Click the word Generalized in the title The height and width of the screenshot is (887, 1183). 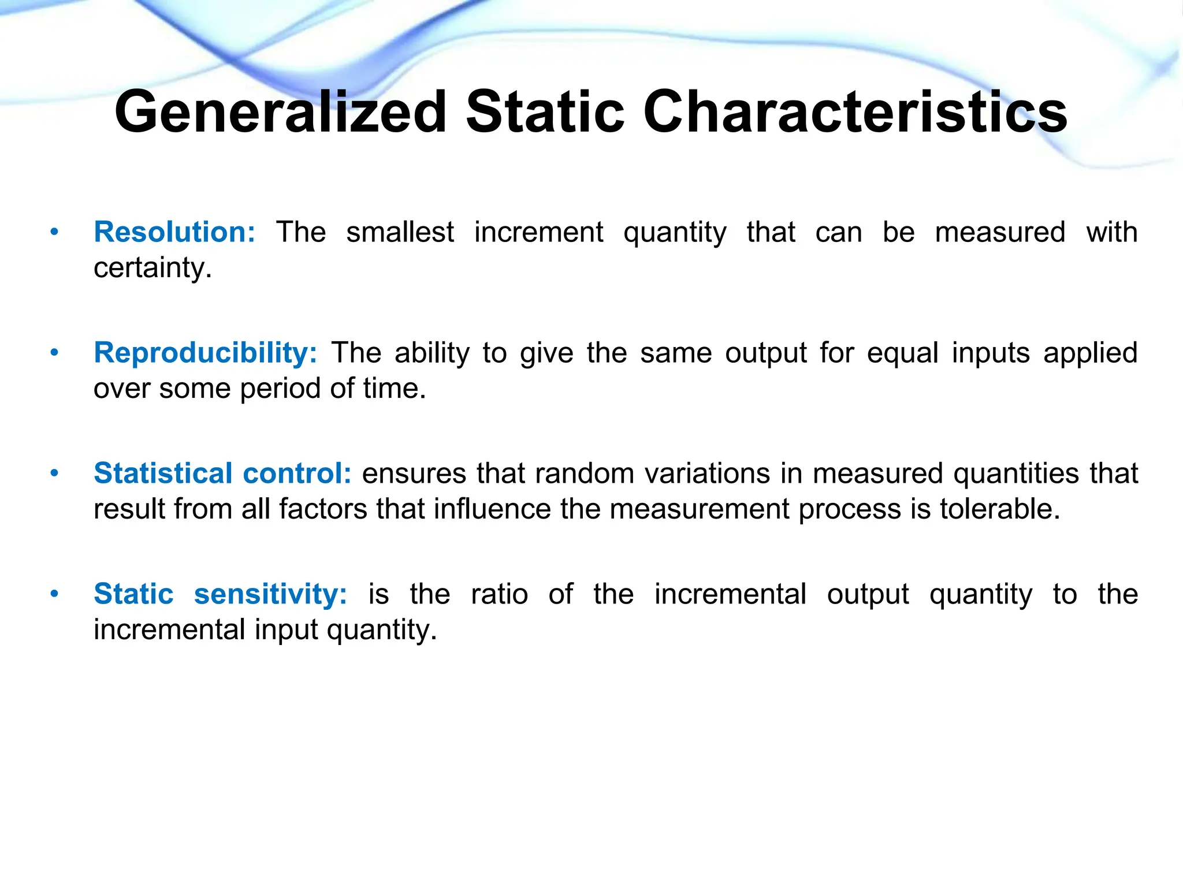click(281, 112)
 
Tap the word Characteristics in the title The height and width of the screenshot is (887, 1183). click(855, 112)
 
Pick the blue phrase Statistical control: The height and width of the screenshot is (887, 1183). click(222, 474)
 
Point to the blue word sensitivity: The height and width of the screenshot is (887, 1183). click(270, 594)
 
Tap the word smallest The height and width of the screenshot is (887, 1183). click(400, 232)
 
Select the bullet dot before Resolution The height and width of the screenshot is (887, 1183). click(54, 233)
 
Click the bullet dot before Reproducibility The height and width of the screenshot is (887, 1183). click(54, 353)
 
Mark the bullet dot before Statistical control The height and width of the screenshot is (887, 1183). click(54, 474)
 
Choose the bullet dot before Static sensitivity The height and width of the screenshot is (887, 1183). click(54, 594)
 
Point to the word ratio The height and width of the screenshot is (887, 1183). click(499, 594)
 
